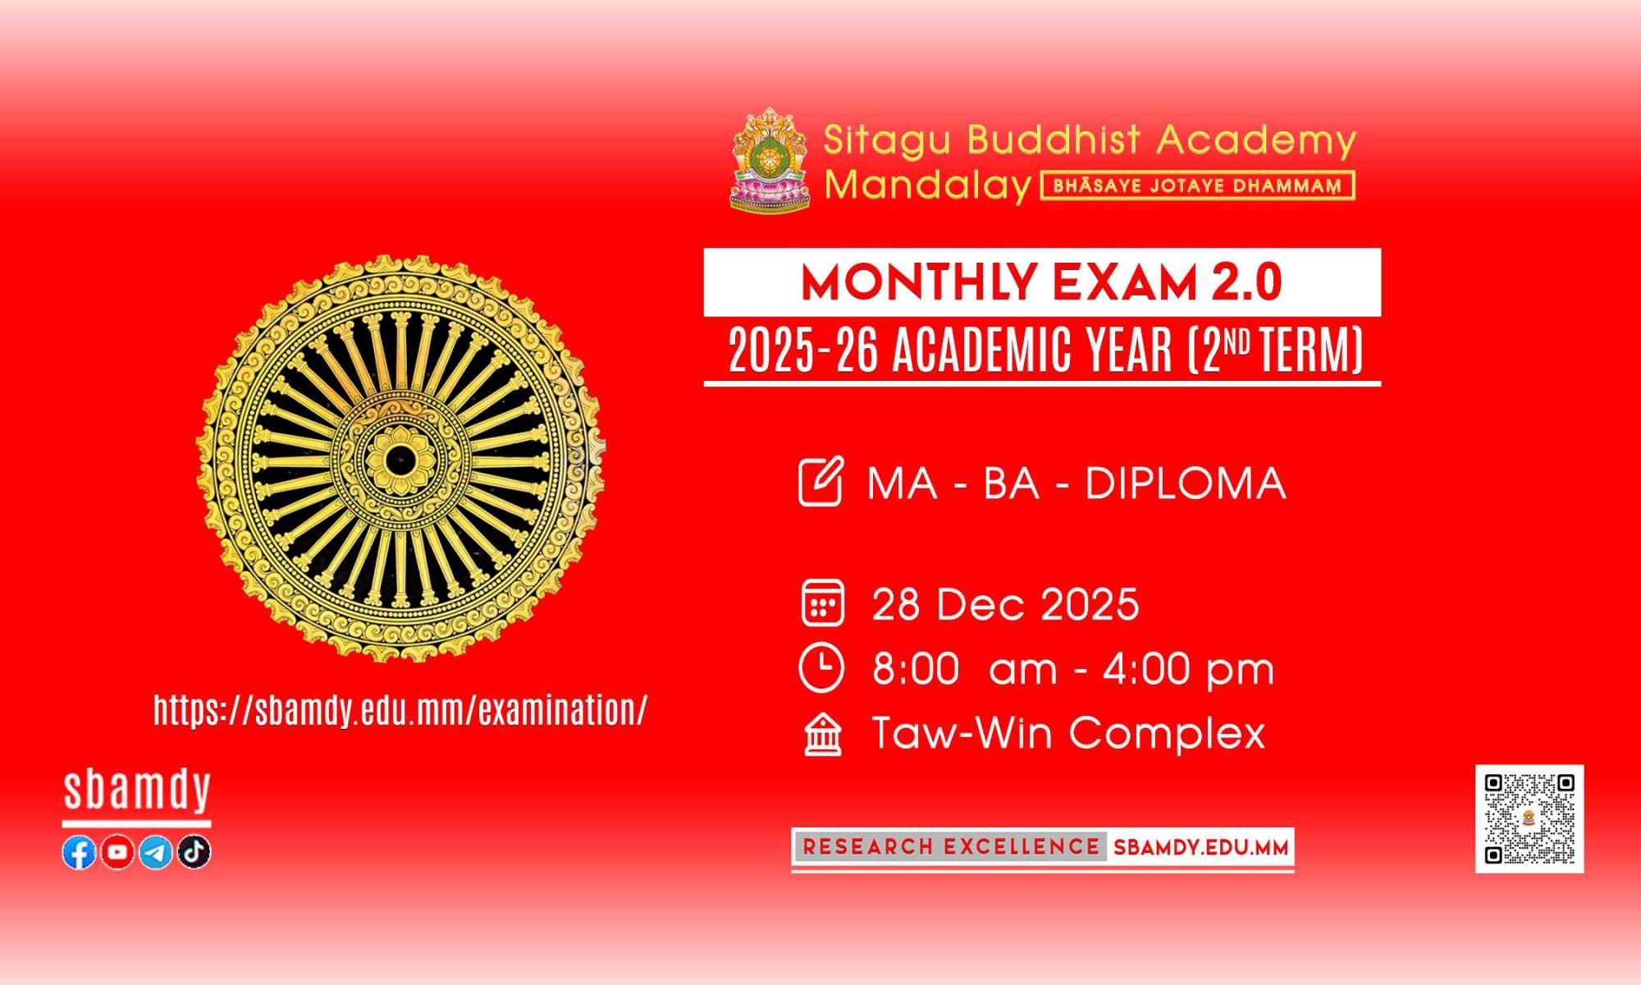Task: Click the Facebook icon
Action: (x=80, y=853)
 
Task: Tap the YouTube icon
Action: (x=117, y=853)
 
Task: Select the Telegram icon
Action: (x=156, y=853)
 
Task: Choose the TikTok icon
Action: (x=194, y=853)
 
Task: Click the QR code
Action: (x=1529, y=818)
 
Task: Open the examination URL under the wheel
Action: (x=400, y=711)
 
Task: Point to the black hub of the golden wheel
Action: (x=400, y=459)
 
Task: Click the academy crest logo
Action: (x=770, y=161)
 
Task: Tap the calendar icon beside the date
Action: (x=822, y=603)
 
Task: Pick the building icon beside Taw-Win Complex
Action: (x=823, y=734)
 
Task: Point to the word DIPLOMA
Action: (x=1186, y=483)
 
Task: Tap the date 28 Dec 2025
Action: (x=1006, y=605)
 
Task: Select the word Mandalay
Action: (x=927, y=186)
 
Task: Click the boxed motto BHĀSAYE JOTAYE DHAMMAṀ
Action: (x=1198, y=186)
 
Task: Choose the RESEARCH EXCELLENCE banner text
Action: (x=951, y=847)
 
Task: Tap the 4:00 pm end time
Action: (x=1188, y=669)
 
